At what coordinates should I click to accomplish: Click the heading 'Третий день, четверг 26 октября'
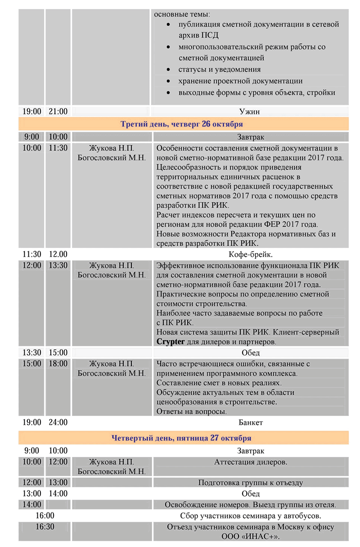coord(182,124)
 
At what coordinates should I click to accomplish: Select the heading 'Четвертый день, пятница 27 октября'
coord(181,438)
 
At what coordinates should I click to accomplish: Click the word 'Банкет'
coord(251,422)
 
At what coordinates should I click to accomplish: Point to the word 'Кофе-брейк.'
coord(250,254)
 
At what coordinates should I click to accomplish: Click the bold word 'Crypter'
coord(171,342)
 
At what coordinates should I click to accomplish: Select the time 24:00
coord(58,422)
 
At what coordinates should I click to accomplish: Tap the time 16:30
coord(45,527)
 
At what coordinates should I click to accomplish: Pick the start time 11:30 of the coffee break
coord(31,254)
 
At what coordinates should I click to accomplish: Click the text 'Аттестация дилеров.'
coord(251,462)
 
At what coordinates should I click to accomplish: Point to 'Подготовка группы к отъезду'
coord(251,483)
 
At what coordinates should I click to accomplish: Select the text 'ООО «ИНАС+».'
coord(251,537)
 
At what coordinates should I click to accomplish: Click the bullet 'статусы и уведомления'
coord(220,70)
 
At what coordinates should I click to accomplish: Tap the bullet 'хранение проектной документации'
coord(240,81)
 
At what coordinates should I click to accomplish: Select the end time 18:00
coord(58,363)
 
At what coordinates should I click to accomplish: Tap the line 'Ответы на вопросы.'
coord(191,411)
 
